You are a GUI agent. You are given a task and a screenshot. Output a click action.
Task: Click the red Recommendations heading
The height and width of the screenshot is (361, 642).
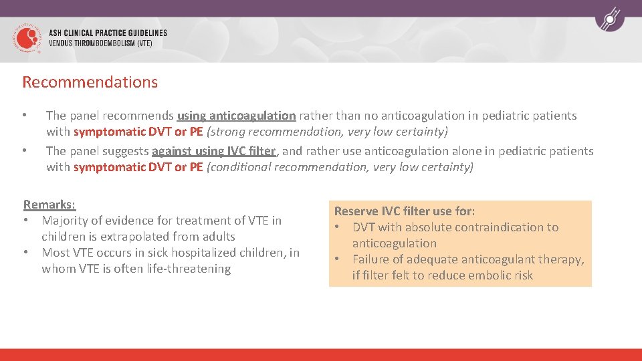point(90,82)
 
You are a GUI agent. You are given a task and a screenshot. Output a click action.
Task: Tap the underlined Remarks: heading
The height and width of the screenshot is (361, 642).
point(49,204)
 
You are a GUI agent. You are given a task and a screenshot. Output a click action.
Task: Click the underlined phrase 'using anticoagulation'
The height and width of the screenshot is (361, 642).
point(236,116)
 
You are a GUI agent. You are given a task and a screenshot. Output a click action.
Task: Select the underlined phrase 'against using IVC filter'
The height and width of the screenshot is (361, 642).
point(213,151)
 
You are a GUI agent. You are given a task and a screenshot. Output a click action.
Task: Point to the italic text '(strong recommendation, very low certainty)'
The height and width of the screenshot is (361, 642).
point(327,132)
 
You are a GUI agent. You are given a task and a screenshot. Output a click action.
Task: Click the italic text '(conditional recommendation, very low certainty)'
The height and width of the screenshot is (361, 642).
point(340,167)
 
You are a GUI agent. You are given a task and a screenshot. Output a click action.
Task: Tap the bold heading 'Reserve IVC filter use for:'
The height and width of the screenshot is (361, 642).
point(405,211)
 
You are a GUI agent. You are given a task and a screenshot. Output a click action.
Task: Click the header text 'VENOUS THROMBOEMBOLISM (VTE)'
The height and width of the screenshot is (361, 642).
point(100,43)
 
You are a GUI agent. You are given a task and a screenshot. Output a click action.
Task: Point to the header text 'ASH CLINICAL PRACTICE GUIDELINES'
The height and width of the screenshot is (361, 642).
point(108,33)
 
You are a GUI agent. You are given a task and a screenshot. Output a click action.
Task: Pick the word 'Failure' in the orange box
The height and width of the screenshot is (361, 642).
point(372,259)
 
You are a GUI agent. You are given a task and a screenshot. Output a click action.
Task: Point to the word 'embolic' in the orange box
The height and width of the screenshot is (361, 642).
point(486,275)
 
